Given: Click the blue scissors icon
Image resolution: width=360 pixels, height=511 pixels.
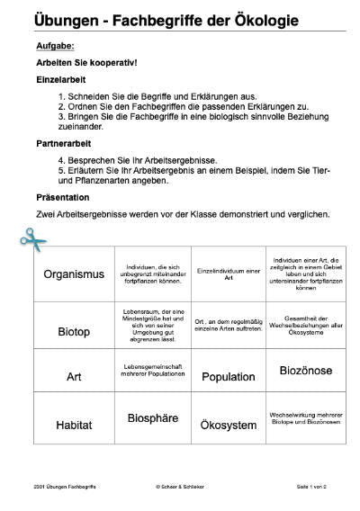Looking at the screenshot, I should tap(32, 238).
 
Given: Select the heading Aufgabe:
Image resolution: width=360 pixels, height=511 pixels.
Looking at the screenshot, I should tap(56, 44).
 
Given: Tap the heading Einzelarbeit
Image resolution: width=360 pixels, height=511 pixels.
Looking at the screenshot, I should tap(62, 79).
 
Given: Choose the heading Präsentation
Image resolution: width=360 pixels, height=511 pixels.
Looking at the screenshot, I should tap(64, 196).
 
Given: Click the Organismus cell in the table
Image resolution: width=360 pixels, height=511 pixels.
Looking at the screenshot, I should tap(75, 274).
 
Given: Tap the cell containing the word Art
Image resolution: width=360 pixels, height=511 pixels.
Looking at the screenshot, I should tap(75, 377).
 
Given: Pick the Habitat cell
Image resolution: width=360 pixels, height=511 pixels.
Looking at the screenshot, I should tap(75, 423).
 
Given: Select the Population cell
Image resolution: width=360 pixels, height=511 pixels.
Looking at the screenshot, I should tap(229, 377).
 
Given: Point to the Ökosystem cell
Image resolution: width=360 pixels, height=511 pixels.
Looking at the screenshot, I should tap(229, 424).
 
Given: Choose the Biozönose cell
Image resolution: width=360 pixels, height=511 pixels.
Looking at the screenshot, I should tap(305, 370).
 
